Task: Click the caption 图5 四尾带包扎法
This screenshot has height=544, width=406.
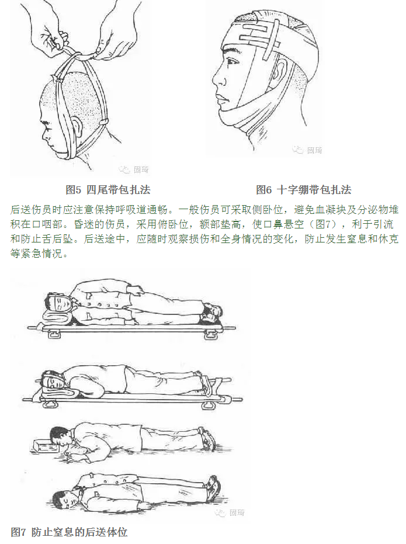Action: tap(109, 190)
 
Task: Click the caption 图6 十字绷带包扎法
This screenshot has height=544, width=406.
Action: tap(303, 190)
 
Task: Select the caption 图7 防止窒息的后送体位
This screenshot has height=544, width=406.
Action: tap(69, 532)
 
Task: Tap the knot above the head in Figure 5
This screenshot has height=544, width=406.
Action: tap(72, 54)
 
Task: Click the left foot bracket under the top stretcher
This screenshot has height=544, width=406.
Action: tap(54, 334)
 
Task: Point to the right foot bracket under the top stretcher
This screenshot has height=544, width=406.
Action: tap(209, 334)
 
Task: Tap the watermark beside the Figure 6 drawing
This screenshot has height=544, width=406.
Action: tap(308, 150)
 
